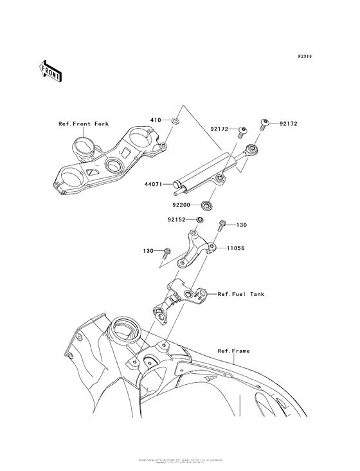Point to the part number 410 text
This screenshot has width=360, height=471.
[x=155, y=120]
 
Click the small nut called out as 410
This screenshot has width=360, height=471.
[x=175, y=120]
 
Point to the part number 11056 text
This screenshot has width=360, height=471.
[x=235, y=247]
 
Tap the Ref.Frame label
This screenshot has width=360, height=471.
[x=233, y=351]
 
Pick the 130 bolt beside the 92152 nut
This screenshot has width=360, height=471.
[x=222, y=226]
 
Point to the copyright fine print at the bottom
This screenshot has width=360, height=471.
[x=180, y=461]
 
